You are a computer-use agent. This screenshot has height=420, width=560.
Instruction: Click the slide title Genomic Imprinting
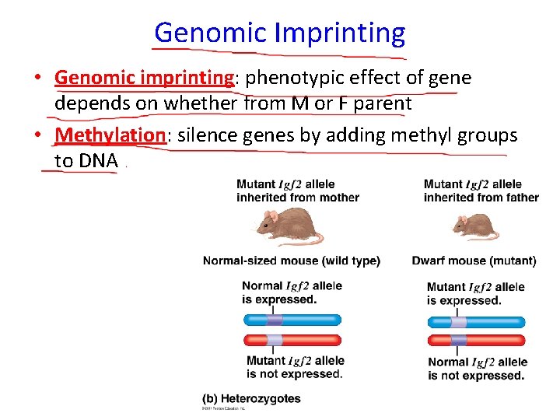click(279, 33)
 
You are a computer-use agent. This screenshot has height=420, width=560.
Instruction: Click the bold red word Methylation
click(110, 135)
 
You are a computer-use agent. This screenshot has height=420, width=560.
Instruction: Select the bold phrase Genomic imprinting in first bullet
click(144, 79)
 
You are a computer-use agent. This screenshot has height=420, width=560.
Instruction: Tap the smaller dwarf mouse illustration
click(475, 228)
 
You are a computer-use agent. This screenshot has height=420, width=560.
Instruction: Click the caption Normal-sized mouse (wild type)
click(291, 261)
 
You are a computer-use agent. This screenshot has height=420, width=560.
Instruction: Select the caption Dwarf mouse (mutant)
click(474, 261)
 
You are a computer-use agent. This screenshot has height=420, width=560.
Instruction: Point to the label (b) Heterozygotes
click(251, 398)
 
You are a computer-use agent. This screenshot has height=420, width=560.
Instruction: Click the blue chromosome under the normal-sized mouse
click(292, 319)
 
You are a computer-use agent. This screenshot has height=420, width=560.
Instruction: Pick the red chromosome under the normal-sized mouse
click(292, 340)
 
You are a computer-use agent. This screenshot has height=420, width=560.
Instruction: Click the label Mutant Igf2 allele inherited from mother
click(297, 191)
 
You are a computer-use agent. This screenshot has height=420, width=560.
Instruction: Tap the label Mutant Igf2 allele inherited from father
click(481, 191)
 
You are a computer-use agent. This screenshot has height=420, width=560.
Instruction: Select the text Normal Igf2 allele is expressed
click(292, 292)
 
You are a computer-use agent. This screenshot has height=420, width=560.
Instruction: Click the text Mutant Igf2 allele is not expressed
click(295, 367)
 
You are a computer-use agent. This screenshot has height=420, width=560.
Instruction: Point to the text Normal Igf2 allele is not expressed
click(477, 369)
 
